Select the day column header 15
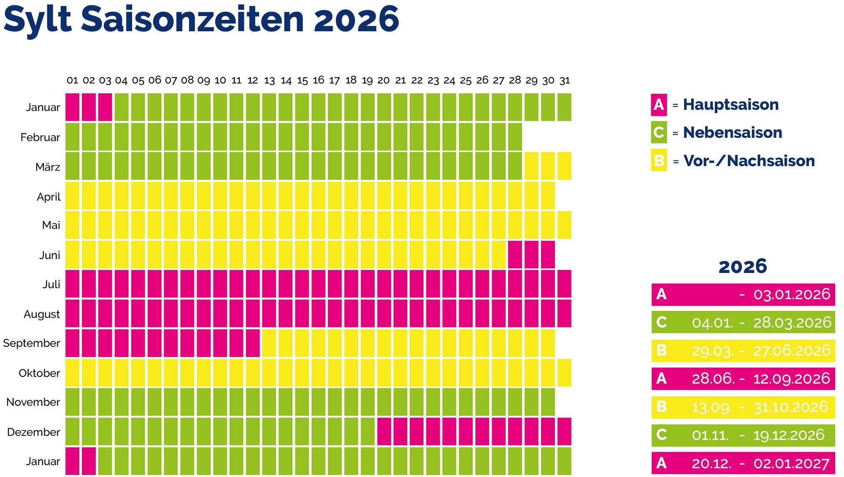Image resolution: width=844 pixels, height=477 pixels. [x=302, y=80]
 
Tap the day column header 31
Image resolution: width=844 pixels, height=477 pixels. [x=565, y=80]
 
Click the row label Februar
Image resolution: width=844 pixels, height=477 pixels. [x=40, y=137]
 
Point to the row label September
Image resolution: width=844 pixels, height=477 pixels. [x=32, y=343]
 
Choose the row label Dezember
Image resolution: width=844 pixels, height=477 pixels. [x=33, y=432]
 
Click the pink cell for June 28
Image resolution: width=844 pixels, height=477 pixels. [x=515, y=255]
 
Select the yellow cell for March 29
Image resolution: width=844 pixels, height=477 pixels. [x=531, y=166]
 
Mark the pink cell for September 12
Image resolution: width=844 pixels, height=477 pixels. [x=253, y=343]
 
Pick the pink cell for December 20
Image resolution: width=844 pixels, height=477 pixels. [x=384, y=432]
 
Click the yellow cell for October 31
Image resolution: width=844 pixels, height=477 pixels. [x=565, y=373]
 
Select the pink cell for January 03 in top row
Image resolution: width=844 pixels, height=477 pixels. [x=105, y=107]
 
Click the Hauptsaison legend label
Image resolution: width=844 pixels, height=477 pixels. [x=731, y=105]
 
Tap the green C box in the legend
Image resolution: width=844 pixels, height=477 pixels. [x=659, y=133]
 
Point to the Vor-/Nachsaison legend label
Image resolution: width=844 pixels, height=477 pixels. [x=749, y=161]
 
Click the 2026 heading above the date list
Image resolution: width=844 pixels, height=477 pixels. [x=743, y=267]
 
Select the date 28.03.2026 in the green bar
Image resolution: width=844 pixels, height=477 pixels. [x=792, y=322]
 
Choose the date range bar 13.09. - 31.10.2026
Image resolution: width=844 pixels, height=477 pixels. [x=743, y=407]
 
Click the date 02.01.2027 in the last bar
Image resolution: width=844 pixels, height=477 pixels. [x=792, y=463]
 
